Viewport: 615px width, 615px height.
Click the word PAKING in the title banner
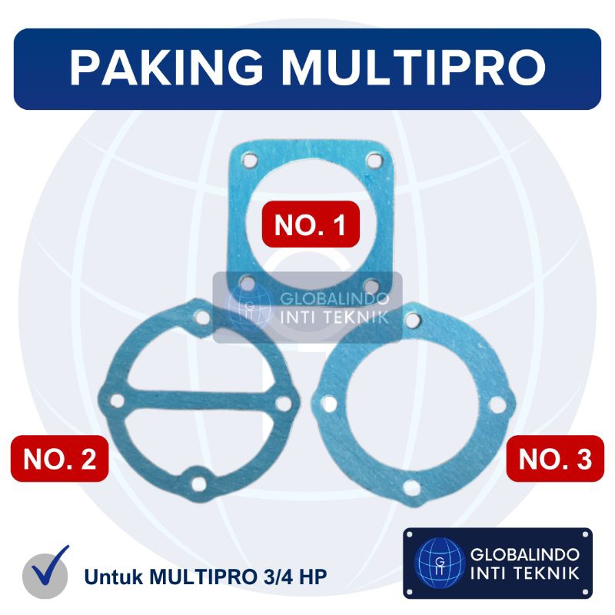pos(167,68)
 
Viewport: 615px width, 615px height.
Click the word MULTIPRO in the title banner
pos(414,68)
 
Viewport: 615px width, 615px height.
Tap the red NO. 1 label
pos(311,224)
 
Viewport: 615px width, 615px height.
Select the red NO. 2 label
pos(60,458)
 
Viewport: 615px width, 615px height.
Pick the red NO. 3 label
pos(555,458)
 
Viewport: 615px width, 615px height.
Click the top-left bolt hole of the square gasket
pos(249,161)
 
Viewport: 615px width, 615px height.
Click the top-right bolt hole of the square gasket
pos(374,161)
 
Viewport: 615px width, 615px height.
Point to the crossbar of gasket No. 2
pos(200,401)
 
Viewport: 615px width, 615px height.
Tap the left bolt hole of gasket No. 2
pos(118,401)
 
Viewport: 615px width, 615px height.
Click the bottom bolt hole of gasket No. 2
pos(199,484)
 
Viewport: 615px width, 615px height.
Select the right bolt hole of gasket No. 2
pos(284,404)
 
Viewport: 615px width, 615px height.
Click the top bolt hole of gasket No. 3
pos(413,320)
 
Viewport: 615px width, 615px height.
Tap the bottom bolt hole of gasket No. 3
pos(412,488)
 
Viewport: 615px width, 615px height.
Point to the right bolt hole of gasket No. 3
pos(497,405)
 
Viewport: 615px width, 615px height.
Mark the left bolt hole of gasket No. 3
pos(329,404)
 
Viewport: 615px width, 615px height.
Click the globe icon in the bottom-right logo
pos(440,563)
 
